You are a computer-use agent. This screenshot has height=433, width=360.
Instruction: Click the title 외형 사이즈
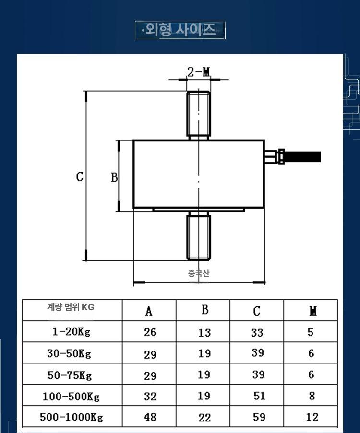(x=180, y=30)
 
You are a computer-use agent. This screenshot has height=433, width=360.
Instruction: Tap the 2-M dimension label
(x=199, y=72)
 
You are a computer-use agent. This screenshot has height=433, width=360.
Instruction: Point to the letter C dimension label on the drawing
(x=80, y=176)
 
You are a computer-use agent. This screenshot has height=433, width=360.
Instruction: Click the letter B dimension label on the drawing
(x=114, y=177)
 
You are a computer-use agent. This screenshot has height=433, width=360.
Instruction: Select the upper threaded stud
(x=199, y=115)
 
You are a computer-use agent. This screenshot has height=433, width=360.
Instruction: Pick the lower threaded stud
(x=199, y=236)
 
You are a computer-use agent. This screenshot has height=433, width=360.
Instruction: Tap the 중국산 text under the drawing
(x=199, y=273)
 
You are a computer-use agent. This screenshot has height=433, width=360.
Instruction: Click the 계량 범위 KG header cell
(x=71, y=307)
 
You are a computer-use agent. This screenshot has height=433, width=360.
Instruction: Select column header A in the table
(x=149, y=311)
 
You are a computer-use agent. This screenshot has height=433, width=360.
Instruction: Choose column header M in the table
(x=312, y=311)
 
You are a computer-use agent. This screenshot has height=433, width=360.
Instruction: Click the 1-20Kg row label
(x=72, y=331)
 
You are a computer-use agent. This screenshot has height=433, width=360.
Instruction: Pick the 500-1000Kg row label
(x=72, y=417)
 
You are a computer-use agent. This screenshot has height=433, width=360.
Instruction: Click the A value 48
(x=150, y=417)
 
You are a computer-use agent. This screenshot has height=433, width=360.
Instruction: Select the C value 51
(x=259, y=396)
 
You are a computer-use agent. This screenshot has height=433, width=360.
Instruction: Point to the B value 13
(x=204, y=333)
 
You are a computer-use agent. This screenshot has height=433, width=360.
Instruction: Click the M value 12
(x=312, y=417)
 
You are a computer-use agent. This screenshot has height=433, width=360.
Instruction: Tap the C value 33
(x=257, y=333)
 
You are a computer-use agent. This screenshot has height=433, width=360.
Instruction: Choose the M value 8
(x=312, y=396)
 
